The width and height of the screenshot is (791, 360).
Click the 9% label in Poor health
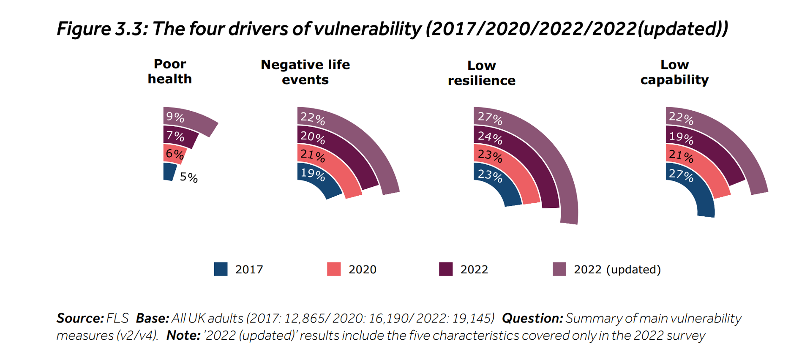[175, 117]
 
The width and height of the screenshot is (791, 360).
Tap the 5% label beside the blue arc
[188, 177]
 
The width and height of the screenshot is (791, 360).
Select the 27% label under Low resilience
[490, 118]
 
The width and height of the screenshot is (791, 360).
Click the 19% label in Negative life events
[313, 174]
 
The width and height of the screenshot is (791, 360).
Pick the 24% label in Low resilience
[490, 137]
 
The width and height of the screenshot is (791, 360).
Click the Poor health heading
[170, 71]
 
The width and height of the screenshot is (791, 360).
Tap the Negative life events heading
[305, 72]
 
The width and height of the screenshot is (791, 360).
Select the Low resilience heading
[481, 73]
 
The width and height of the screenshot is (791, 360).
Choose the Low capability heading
[674, 72]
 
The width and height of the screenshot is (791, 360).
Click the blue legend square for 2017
[221, 269]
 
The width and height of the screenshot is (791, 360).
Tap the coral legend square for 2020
[334, 269]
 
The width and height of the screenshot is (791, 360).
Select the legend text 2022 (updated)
[617, 270]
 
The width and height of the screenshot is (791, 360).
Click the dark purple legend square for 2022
[446, 269]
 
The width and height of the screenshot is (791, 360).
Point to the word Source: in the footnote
[80, 318]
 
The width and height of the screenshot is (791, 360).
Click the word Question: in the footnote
[532, 318]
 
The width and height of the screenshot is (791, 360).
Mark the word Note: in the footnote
[183, 335]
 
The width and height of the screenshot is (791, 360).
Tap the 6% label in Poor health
[175, 154]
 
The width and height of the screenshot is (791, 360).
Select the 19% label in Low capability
[681, 137]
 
